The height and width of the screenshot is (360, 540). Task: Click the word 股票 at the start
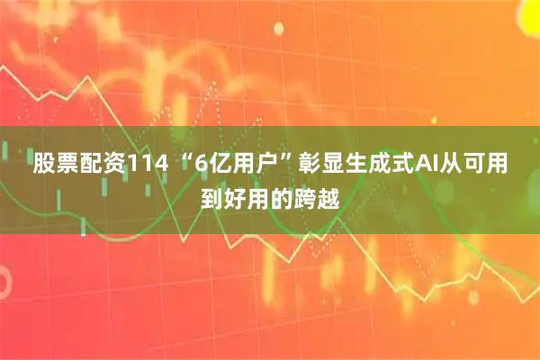[x=53, y=166]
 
